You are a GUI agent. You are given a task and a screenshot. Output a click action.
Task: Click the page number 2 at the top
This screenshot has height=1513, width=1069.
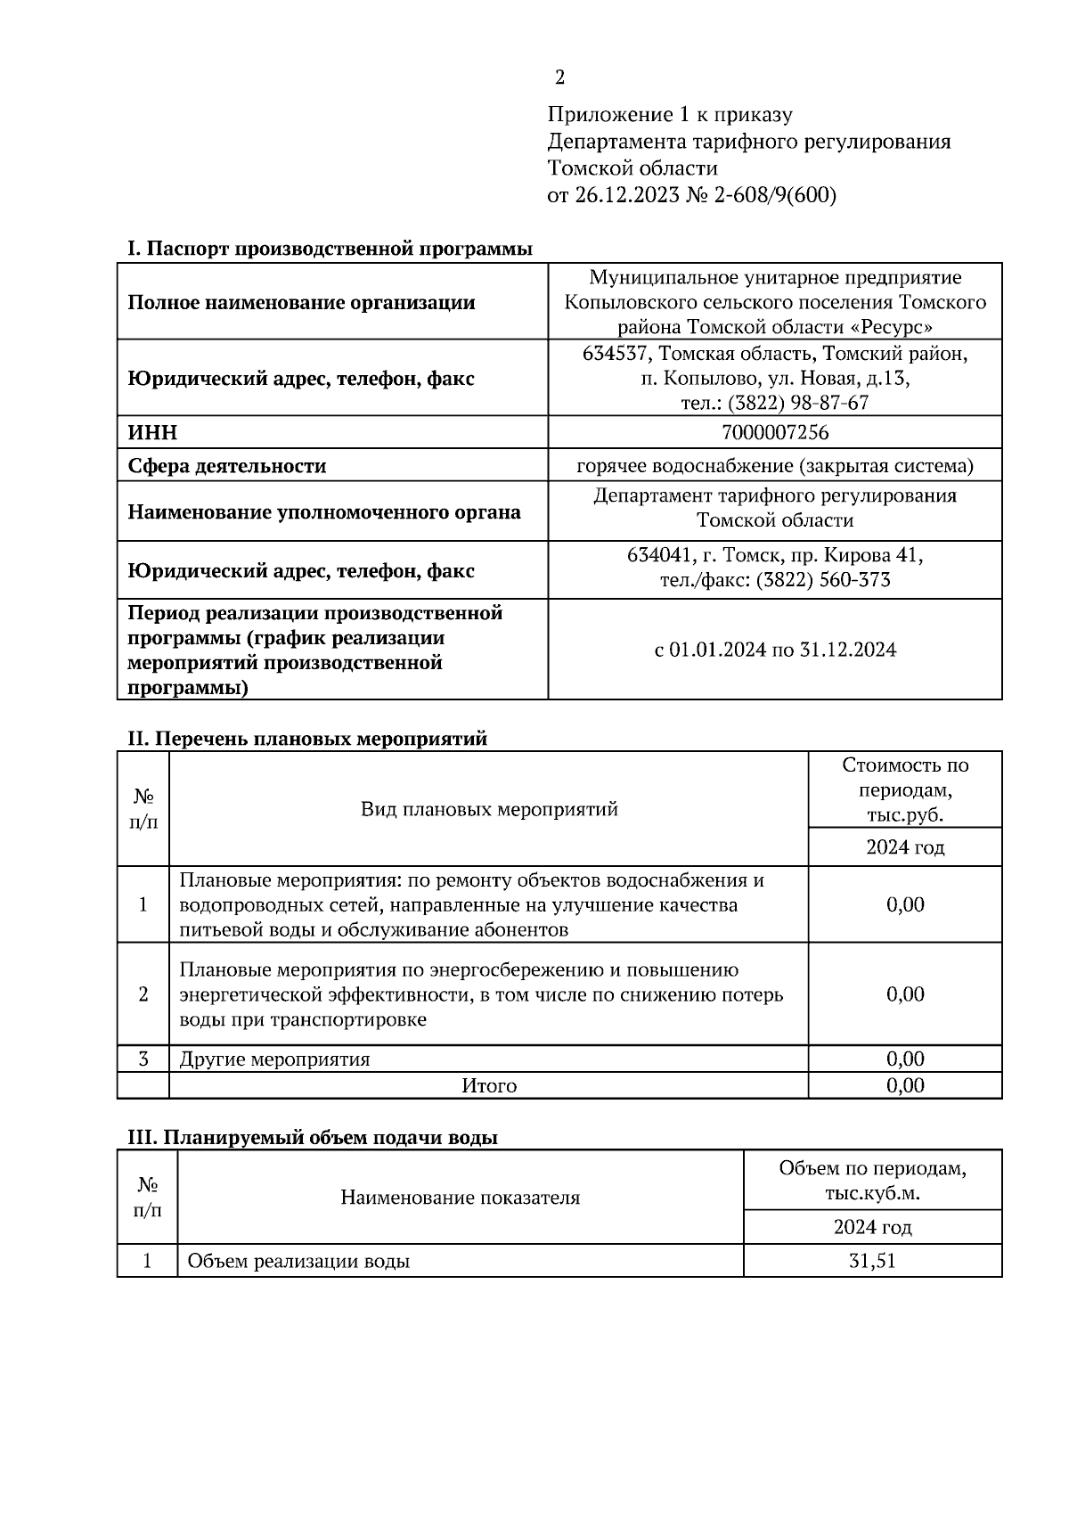coord(559,78)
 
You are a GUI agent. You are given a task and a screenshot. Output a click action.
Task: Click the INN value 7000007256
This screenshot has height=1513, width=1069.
coord(774,433)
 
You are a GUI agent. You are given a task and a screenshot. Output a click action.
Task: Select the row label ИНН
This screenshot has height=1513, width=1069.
coord(152,433)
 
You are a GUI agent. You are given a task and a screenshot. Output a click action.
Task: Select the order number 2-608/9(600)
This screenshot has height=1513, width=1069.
coord(774,195)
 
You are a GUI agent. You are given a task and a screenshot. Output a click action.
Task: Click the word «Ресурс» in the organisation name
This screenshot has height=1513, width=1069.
coord(887,326)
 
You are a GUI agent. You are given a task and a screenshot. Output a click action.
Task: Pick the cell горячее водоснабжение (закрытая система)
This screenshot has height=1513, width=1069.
coord(774,466)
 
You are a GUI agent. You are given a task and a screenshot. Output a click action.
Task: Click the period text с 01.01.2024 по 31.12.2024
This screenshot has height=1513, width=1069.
coord(774,650)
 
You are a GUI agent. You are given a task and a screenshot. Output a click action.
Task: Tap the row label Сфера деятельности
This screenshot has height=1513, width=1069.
coord(226,466)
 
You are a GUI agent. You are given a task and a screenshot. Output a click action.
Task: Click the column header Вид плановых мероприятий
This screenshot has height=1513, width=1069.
coord(488,809)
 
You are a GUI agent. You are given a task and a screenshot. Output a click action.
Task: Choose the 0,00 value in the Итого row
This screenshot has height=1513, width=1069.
coord(904,1085)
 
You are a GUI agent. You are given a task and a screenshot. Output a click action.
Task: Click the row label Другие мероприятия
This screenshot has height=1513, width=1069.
coord(274,1059)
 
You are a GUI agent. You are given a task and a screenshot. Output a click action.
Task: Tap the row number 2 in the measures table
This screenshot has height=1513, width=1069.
coord(143,994)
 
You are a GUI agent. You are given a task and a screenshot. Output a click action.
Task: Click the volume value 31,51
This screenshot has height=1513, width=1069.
coord(872,1261)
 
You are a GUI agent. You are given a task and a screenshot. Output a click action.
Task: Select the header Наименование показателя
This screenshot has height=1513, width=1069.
coord(460,1198)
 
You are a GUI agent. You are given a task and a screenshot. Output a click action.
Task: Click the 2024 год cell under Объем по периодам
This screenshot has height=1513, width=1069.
coord(872,1227)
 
